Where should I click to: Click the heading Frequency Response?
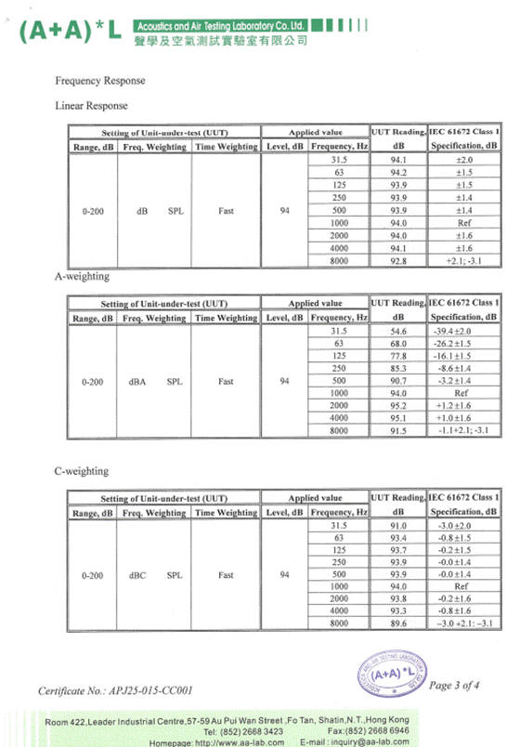pos(99,81)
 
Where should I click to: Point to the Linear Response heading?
pos(92,106)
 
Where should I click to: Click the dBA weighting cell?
pos(138,381)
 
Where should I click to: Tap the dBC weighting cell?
pos(138,575)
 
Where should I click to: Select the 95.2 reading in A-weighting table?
pos(398,406)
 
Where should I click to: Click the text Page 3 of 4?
pos(455,686)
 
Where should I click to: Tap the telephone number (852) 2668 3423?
pos(256,731)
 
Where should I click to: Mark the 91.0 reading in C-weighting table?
pos(398,526)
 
